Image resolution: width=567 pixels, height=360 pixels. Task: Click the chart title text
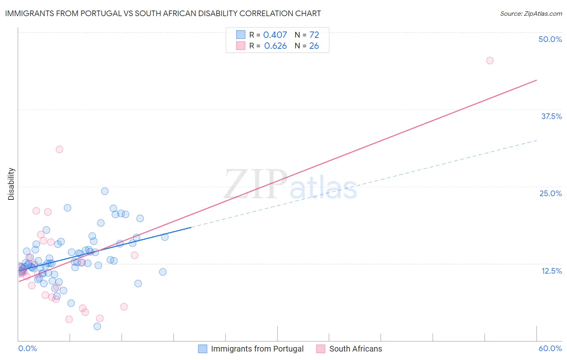coord(163,13)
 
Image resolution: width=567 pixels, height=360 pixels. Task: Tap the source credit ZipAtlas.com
coord(531,14)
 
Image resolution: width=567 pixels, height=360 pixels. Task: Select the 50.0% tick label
coord(550,39)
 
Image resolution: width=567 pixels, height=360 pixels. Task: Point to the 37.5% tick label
coord(551,116)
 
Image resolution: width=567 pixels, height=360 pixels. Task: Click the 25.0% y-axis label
coord(550,193)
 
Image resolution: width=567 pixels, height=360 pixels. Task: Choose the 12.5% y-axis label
coord(551,271)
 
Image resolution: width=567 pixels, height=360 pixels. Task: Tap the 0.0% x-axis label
coord(27,348)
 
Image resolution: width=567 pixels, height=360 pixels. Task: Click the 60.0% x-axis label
coord(550,348)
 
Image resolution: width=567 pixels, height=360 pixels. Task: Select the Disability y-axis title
coord(11,184)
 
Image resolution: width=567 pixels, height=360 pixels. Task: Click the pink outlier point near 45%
coord(490,61)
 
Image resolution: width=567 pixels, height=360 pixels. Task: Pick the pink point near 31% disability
coord(59,149)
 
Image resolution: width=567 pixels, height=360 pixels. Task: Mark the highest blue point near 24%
coord(105,191)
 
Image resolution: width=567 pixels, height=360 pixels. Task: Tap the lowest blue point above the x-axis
coord(97,327)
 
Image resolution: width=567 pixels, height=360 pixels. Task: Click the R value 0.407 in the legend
coord(275,35)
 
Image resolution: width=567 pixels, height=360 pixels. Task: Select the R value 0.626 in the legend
coord(275,46)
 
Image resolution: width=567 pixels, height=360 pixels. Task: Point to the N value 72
coord(314,35)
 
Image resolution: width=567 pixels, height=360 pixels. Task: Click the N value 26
coord(314,46)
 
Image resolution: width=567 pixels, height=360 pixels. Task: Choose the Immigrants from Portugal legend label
coord(257,349)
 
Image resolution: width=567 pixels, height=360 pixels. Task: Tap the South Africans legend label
coord(355,349)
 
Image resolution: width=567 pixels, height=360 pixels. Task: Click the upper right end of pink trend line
coord(536,80)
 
